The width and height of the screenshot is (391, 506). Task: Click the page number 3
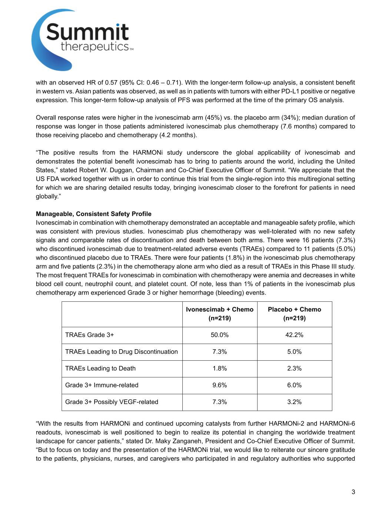pyautogui.click(x=353, y=492)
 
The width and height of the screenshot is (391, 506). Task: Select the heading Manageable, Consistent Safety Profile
pyautogui.click(x=93, y=214)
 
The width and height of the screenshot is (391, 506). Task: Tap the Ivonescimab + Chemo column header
pyautogui.click(x=219, y=314)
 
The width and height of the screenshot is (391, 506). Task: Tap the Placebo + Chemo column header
pyautogui.click(x=294, y=314)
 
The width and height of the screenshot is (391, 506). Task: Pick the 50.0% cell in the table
pyautogui.click(x=219, y=335)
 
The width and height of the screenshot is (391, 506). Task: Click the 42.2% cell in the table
pyautogui.click(x=294, y=335)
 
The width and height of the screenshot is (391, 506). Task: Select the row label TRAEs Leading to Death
pyautogui.click(x=100, y=368)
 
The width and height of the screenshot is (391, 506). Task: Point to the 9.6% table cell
pyautogui.click(x=219, y=385)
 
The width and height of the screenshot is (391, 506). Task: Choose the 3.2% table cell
pyautogui.click(x=294, y=402)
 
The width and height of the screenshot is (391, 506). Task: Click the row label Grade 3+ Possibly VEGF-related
pyautogui.click(x=112, y=402)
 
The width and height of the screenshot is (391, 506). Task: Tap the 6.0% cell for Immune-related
pyautogui.click(x=294, y=385)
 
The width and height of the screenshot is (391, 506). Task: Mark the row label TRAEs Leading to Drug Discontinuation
pyautogui.click(x=121, y=352)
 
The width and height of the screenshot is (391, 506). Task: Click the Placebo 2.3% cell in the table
pyautogui.click(x=294, y=368)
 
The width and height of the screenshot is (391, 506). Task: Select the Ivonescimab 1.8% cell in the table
pyautogui.click(x=219, y=368)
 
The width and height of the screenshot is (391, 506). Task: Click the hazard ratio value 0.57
pyautogui.click(x=111, y=83)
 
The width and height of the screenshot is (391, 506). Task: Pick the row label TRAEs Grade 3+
pyautogui.click(x=89, y=335)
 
